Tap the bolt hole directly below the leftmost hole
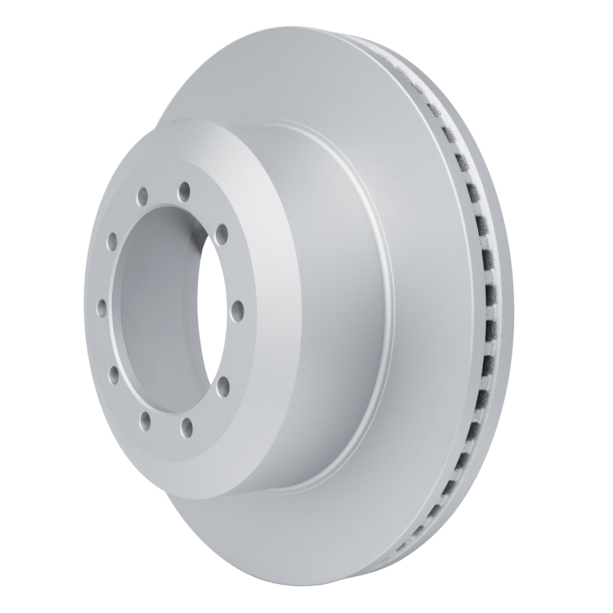[x=113, y=375]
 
